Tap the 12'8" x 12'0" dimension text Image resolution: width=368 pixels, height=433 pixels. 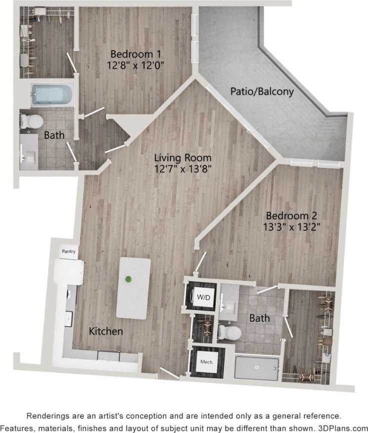pyautogui.click(x=135, y=65)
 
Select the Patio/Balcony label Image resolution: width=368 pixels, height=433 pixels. pyautogui.click(x=261, y=92)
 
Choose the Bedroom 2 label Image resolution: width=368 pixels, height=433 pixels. pyautogui.click(x=292, y=216)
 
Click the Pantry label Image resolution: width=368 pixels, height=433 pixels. pyautogui.click(x=68, y=251)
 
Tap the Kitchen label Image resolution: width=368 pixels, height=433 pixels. pyautogui.click(x=105, y=331)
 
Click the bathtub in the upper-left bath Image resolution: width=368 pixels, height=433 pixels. pyautogui.click(x=51, y=94)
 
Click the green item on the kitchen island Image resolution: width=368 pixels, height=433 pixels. pyautogui.click(x=129, y=279)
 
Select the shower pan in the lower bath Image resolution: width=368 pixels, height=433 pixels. pyautogui.click(x=256, y=369)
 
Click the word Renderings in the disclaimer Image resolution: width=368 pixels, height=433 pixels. pyautogui.click(x=49, y=416)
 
